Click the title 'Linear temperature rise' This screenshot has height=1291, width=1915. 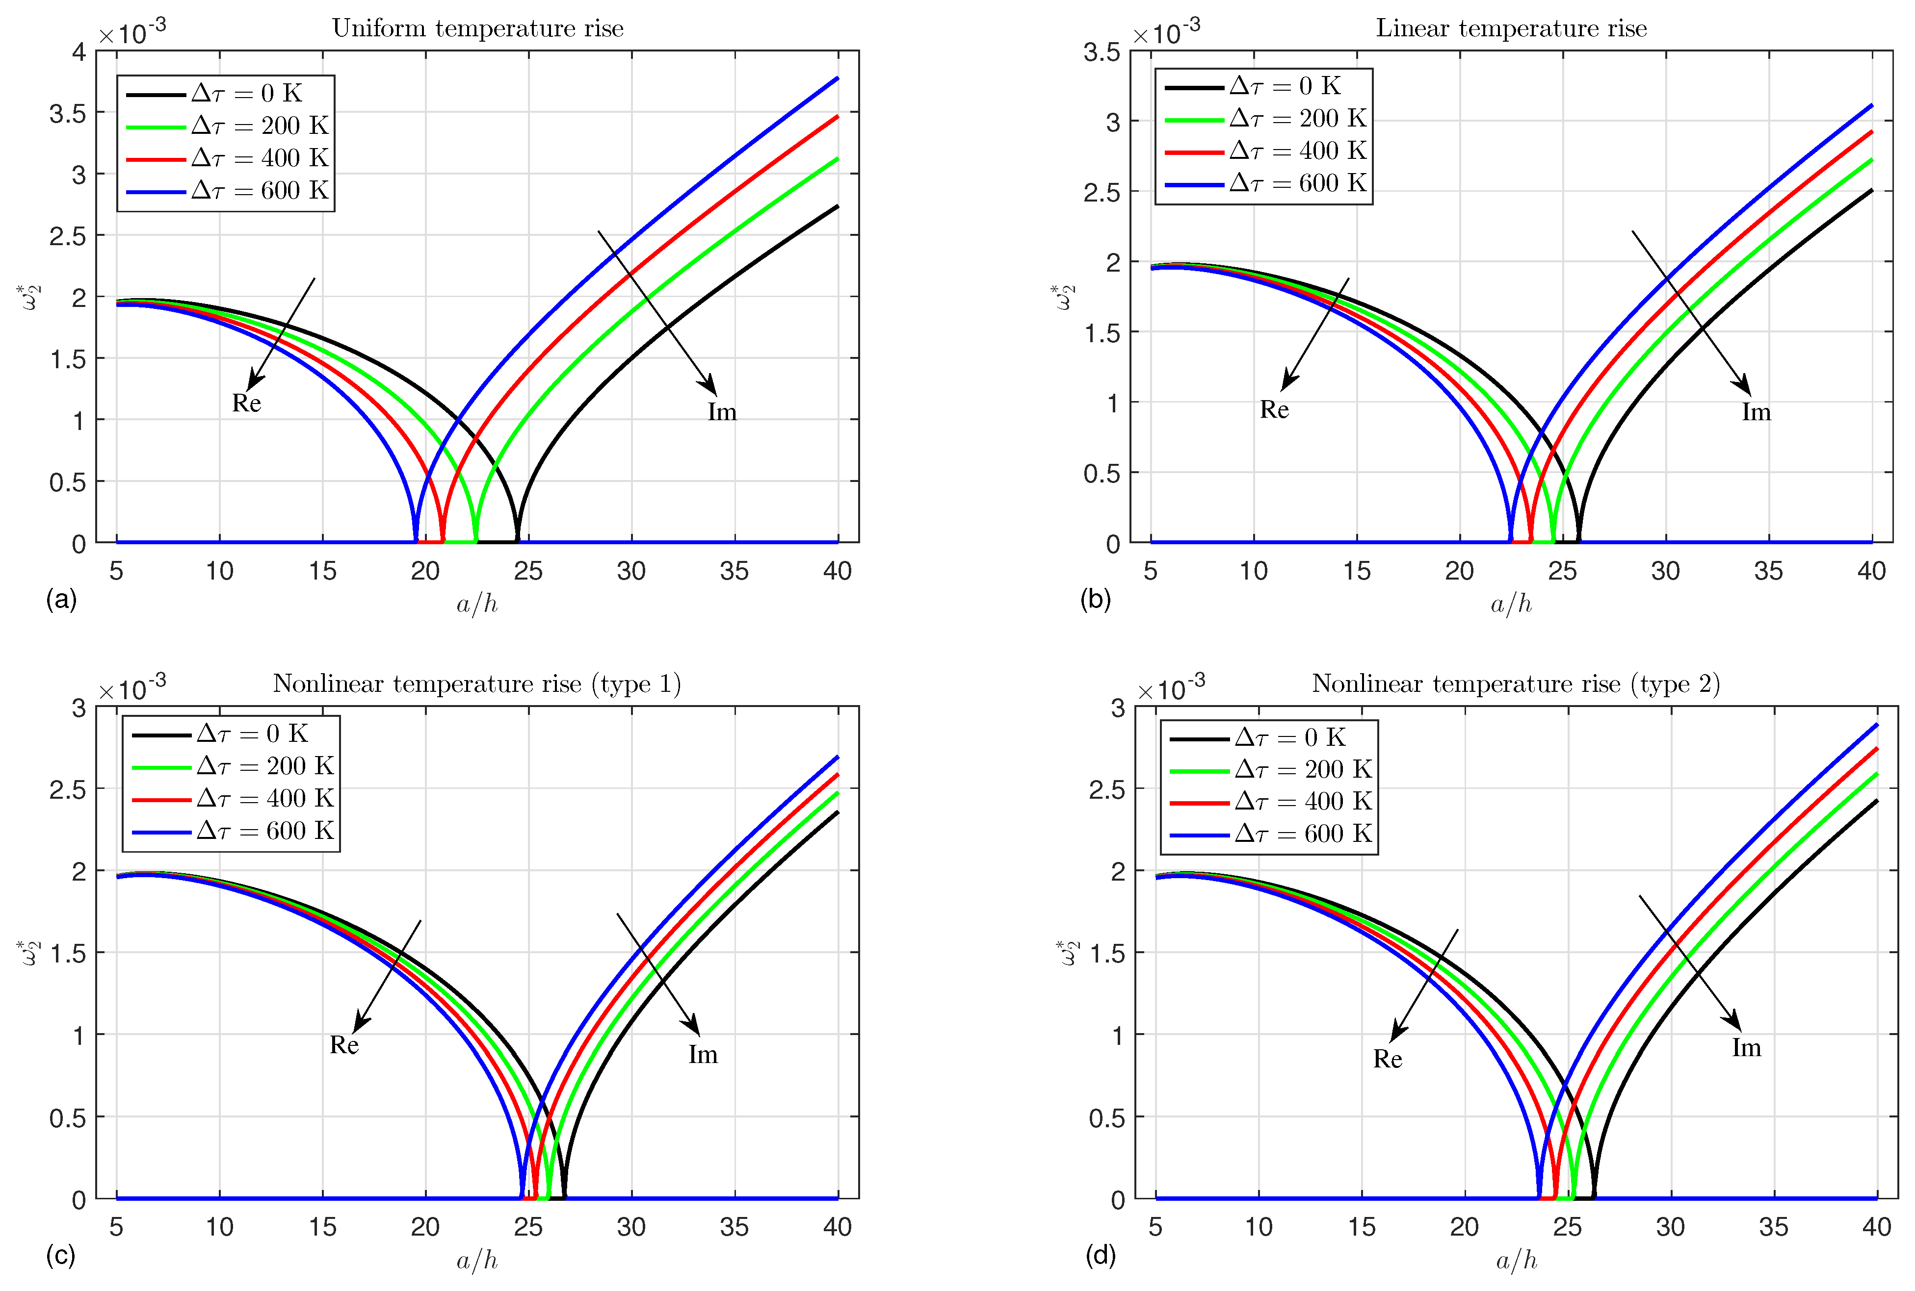click(1511, 29)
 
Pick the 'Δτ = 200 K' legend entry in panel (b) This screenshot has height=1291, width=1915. click(1297, 119)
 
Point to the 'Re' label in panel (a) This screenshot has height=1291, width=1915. click(246, 404)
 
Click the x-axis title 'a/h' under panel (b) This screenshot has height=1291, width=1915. click(1511, 605)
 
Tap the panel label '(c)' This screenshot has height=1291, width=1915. click(61, 1256)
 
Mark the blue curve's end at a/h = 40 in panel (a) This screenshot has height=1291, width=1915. click(837, 78)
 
